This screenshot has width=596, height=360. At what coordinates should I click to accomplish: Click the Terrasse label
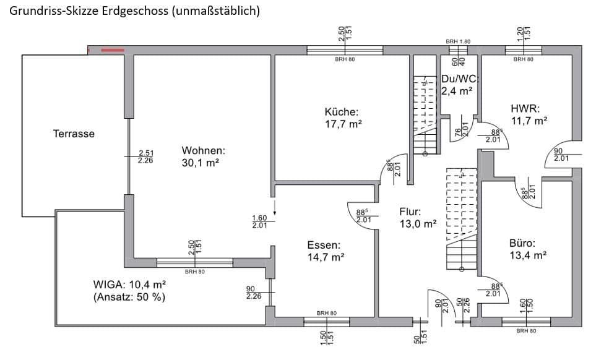tap(74, 134)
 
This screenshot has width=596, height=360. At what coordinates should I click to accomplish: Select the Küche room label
tap(341, 112)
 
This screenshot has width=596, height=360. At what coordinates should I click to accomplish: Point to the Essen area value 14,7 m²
tap(326, 257)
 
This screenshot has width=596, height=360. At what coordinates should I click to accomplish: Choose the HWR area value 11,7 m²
tap(529, 121)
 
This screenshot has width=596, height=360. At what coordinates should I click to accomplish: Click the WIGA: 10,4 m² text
tap(129, 285)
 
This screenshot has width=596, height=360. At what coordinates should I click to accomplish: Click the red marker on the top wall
tap(113, 49)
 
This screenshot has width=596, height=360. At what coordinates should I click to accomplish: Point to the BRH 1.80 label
tap(459, 41)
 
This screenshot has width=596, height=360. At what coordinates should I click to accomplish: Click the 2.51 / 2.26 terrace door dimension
tap(145, 156)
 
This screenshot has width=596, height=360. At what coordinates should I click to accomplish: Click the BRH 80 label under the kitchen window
tap(344, 59)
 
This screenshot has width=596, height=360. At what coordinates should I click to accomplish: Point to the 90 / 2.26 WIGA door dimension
tap(253, 293)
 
